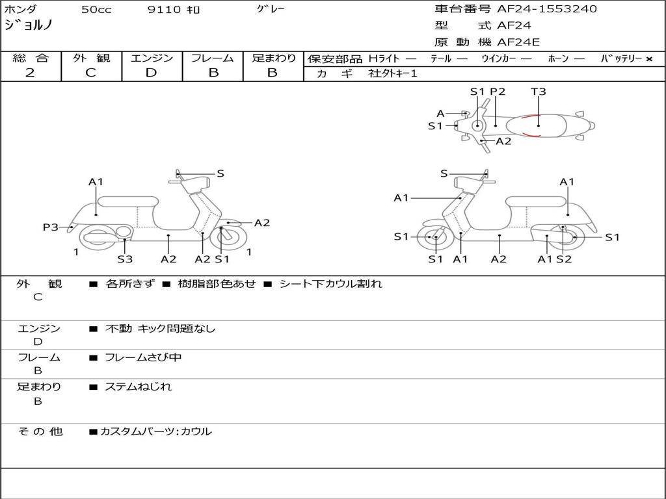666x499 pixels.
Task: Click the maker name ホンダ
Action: pos(21,9)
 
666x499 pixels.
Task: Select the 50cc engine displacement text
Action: pos(96,9)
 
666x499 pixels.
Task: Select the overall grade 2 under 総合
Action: pos(30,73)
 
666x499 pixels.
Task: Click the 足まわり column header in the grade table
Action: pos(273,58)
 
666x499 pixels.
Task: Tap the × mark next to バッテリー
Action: pos(648,58)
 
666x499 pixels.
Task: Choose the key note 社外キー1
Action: pos(393,73)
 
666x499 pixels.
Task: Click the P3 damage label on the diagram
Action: pos(51,227)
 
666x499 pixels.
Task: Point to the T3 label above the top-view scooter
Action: pos(539,92)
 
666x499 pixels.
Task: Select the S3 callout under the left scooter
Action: pos(125,259)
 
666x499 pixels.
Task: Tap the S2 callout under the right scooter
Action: pos(564,259)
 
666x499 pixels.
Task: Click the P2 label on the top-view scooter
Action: pos(498,92)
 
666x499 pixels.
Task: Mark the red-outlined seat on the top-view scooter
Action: pos(539,125)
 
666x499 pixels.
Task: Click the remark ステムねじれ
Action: pos(138,387)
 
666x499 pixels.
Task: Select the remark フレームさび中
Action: pos(143,357)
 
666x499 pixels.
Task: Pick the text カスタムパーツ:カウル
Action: pos(156,431)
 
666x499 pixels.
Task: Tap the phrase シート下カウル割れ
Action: pos(330,284)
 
